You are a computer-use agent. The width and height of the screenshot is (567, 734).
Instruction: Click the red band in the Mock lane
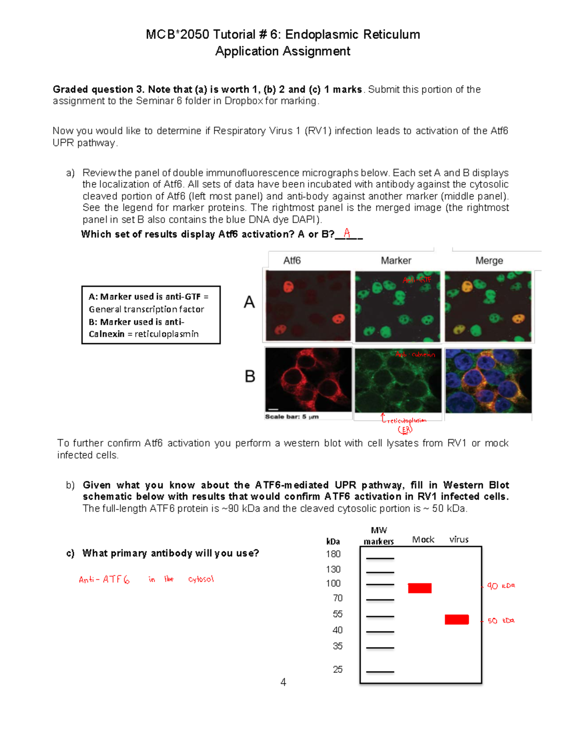(x=420, y=588)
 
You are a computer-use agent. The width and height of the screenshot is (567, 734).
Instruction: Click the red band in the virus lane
(x=456, y=620)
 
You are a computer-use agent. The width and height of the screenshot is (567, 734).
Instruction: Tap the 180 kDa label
(x=333, y=554)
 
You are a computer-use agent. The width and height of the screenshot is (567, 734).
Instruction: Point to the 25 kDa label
(x=337, y=669)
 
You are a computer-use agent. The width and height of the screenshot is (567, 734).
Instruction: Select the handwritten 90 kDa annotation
(x=500, y=586)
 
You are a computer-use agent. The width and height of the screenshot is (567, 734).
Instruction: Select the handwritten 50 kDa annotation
(x=500, y=621)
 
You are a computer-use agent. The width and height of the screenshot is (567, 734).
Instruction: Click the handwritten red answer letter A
(x=347, y=233)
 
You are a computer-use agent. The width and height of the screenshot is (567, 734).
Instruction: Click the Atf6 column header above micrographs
(x=292, y=260)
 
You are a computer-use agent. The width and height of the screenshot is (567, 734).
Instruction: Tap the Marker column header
(x=396, y=260)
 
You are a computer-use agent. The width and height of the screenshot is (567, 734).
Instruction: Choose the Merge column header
(x=489, y=260)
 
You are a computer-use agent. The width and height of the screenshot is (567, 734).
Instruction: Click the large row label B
(x=250, y=376)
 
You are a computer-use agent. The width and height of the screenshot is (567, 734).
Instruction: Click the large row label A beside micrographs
(x=249, y=302)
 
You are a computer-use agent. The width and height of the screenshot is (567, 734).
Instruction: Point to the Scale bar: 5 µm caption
(x=292, y=417)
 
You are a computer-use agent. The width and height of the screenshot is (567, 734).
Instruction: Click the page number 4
(x=283, y=682)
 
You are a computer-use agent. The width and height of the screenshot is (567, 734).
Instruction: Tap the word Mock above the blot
(x=423, y=540)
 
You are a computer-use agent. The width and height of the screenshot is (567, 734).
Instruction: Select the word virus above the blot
(x=459, y=540)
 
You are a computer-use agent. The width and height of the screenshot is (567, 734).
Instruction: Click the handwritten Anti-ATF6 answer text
(x=104, y=579)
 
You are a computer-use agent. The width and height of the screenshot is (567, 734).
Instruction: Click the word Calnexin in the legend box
(x=106, y=334)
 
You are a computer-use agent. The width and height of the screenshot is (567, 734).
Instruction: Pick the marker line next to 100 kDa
(x=380, y=585)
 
